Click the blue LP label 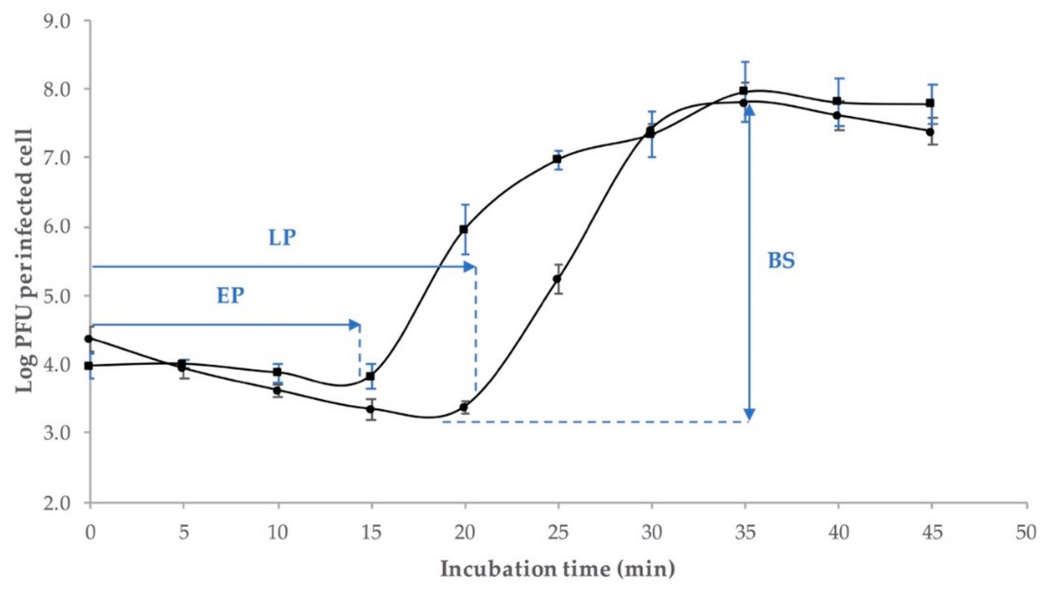click(282, 238)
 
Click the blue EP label click(230, 296)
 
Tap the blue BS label click(781, 261)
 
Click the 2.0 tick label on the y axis click(57, 503)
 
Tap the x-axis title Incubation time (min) click(558, 569)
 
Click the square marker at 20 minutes click(464, 229)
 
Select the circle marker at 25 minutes click(557, 279)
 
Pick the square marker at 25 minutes click(557, 159)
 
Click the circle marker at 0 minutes click(89, 338)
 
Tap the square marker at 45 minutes click(930, 103)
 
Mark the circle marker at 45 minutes click(930, 132)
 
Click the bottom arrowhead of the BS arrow click(749, 415)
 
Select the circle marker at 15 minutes click(371, 409)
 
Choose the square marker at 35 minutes click(744, 90)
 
